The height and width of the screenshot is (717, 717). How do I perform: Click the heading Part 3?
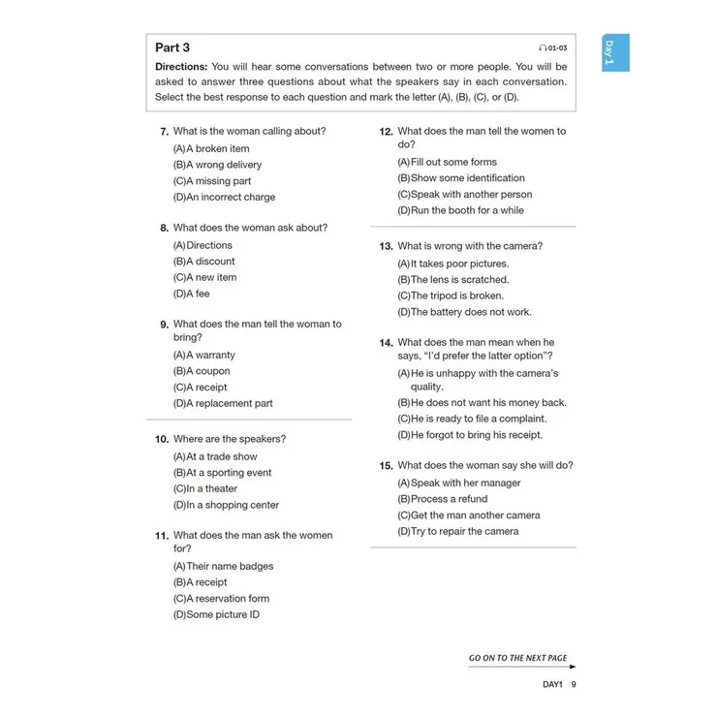pyautogui.click(x=172, y=47)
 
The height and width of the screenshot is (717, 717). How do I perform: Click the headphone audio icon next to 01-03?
pyautogui.click(x=543, y=47)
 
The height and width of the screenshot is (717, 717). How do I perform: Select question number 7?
pyautogui.click(x=165, y=132)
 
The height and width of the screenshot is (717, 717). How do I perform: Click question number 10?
pyautogui.click(x=162, y=440)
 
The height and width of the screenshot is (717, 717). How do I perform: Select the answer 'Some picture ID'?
pyautogui.click(x=223, y=614)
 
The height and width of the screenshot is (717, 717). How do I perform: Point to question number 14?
pyautogui.click(x=386, y=343)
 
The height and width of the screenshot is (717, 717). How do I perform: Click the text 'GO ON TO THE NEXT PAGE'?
pyautogui.click(x=518, y=658)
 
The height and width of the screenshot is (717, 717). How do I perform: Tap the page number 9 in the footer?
pyautogui.click(x=574, y=684)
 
